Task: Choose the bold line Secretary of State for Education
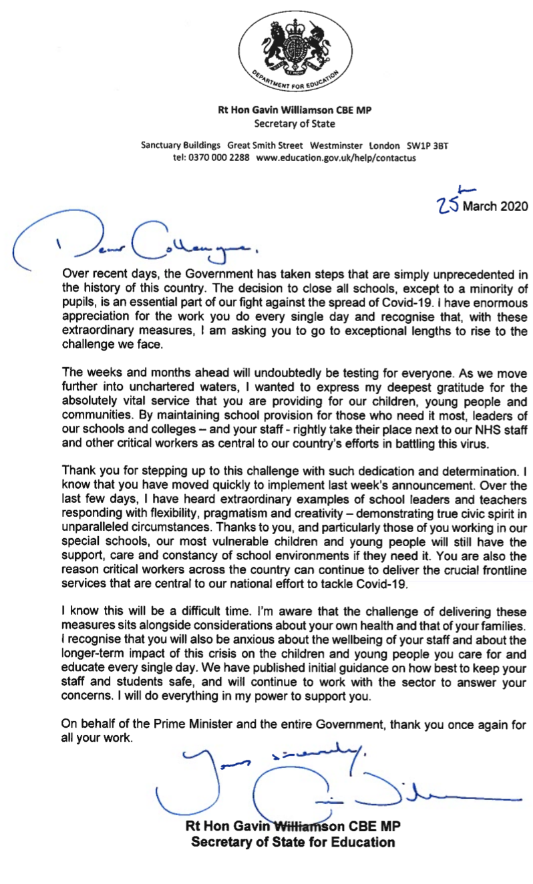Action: [293, 842]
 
